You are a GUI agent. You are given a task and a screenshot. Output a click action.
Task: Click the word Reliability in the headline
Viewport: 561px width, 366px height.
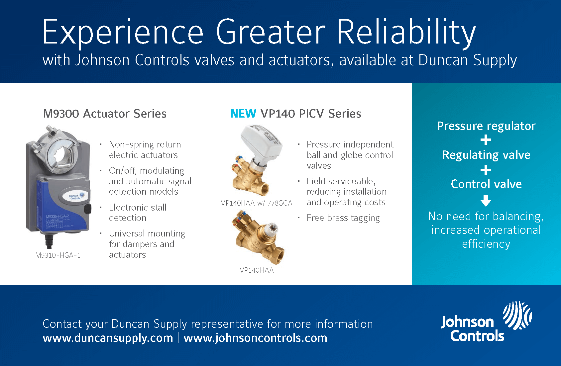[406, 33]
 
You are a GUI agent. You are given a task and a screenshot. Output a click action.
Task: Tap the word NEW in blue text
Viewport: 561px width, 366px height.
[243, 114]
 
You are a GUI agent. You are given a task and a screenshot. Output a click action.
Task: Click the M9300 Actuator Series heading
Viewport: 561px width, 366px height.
[105, 114]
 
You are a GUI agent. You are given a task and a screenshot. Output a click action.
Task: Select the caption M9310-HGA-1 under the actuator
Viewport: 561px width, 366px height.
[58, 255]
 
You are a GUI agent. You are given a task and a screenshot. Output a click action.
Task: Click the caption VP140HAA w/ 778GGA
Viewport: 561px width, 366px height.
[256, 203]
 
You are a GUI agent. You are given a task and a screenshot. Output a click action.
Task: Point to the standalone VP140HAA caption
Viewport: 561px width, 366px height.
[257, 270]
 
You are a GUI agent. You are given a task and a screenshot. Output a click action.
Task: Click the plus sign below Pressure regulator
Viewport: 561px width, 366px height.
[486, 140]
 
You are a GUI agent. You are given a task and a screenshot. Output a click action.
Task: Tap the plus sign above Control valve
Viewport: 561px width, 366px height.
[486, 170]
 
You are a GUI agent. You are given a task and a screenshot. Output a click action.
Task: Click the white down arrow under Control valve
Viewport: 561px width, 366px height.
[486, 201]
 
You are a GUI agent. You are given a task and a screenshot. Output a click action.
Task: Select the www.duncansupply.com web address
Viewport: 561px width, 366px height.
[108, 338]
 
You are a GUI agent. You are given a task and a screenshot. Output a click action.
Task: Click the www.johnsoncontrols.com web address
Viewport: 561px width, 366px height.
[255, 338]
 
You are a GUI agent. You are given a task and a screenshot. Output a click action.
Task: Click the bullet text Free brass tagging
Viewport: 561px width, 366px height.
[343, 218]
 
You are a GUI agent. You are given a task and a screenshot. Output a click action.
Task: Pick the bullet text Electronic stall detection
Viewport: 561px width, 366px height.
[137, 213]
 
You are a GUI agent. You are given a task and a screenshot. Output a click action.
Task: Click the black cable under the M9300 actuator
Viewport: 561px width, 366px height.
[49, 241]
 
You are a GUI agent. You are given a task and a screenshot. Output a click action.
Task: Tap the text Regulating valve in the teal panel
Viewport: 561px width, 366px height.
[486, 155]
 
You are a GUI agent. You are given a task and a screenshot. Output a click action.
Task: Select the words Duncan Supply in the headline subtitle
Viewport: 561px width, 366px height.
[467, 60]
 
